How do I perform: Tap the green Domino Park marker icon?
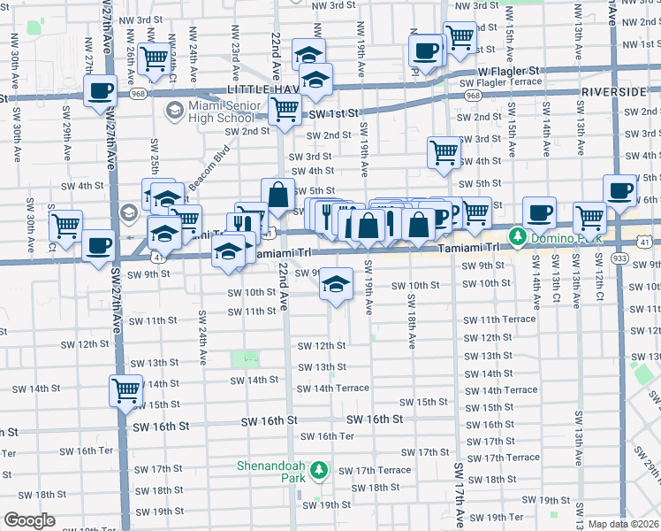coord(516,238)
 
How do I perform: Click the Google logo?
coord(29,520)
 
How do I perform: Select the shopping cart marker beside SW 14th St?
coord(125,389)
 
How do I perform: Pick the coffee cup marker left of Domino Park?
coord(539,212)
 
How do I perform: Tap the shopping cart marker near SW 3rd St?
coord(444,151)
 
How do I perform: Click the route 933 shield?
coord(619,257)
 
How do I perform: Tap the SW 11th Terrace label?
coord(500,319)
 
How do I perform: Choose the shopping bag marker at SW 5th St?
coord(277,195)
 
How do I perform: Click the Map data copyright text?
coord(624,524)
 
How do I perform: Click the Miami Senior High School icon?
coord(174,112)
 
